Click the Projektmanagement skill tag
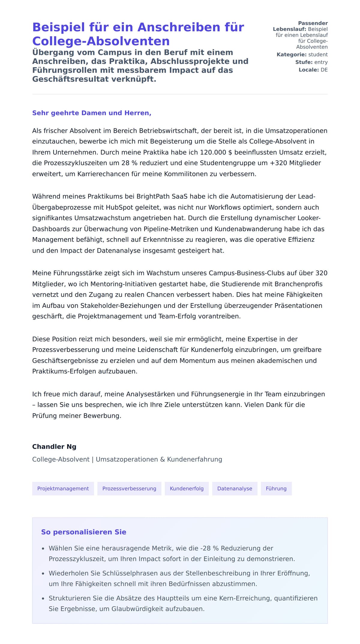tap(63, 489)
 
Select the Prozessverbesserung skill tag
tap(129, 489)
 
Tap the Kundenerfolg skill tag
tap(187, 489)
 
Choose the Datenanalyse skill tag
tap(235, 489)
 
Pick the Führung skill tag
tap(276, 489)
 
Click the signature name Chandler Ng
tap(54, 447)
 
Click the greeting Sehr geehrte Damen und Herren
tap(91, 113)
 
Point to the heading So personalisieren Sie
tap(84, 532)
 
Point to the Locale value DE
tap(324, 70)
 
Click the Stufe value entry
tap(321, 62)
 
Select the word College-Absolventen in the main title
tap(101, 41)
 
